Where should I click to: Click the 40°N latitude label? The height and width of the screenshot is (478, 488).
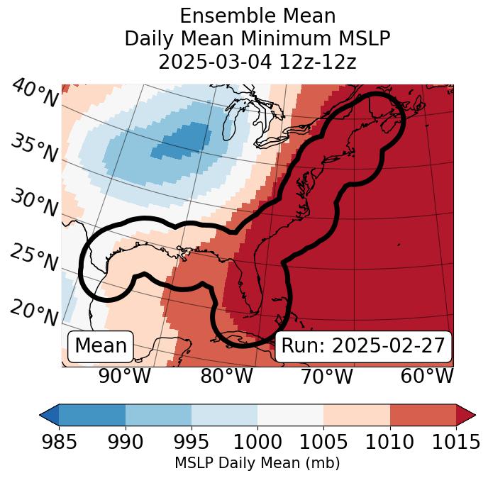point(35,94)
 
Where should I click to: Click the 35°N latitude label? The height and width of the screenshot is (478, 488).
point(33,148)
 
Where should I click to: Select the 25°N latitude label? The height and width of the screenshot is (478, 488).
point(33,258)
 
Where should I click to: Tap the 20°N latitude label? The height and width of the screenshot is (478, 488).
point(34,312)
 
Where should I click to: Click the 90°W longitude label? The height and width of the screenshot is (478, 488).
point(124,377)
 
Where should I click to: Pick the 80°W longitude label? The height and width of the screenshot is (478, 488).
point(225,377)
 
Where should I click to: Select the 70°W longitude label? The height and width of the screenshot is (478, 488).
point(326,377)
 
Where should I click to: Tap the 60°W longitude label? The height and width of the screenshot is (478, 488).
point(426,377)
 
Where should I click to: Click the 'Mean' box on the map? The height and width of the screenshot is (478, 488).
point(101,346)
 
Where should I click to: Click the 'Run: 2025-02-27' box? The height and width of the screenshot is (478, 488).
point(362,346)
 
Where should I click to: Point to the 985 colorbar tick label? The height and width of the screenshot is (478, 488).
point(59,442)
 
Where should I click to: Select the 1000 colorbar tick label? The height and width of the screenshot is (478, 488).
point(257,442)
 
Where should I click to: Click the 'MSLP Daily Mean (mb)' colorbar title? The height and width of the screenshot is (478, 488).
point(257,463)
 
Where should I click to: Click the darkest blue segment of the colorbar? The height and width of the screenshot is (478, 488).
point(91,414)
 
